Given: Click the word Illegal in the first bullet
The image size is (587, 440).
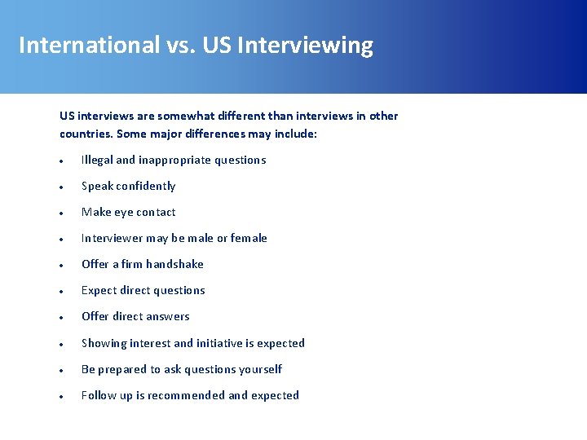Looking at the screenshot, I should [97, 160].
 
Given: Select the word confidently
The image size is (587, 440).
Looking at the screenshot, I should [146, 186].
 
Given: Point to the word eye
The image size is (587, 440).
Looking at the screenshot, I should [124, 213].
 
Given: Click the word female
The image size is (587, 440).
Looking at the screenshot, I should [249, 238].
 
